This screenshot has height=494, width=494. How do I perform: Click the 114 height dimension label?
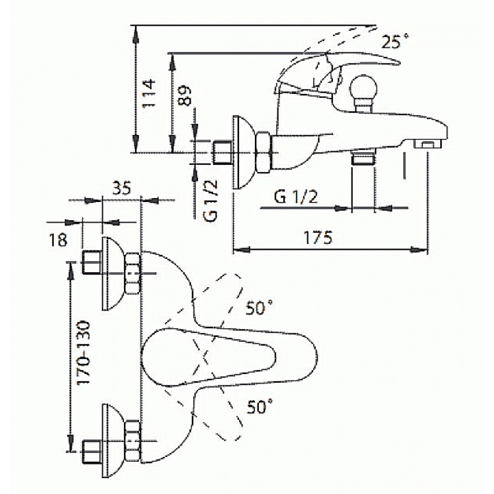[149, 93]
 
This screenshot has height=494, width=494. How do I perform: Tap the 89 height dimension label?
[184, 95]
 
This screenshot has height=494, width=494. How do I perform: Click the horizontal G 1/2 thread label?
[296, 197]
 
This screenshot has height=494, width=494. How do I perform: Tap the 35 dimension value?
[122, 189]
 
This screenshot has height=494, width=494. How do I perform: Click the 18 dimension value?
[58, 240]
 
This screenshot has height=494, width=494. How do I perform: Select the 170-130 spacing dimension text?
[84, 353]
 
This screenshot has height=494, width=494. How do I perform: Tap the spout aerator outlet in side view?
[428, 144]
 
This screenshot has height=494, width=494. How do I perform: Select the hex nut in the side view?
[263, 152]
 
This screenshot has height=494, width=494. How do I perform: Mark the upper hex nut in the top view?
[132, 273]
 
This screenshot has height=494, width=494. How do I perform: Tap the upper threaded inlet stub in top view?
[92, 262]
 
